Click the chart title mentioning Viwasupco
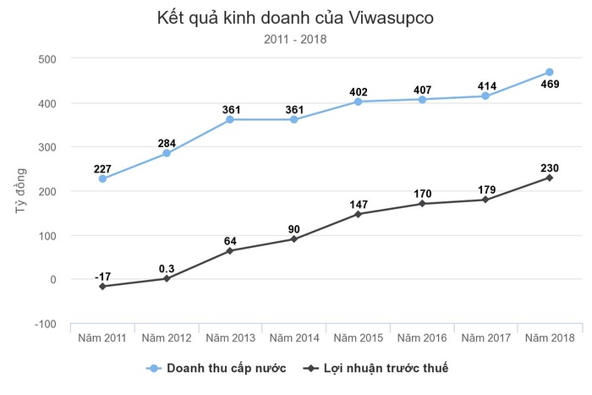[x=295, y=17]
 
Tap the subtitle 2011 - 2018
[x=295, y=38]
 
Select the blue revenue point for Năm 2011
[x=102, y=178]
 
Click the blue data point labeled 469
[x=550, y=72]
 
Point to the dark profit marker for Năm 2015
[x=358, y=214]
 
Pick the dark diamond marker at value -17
[x=102, y=287]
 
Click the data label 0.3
[x=166, y=269]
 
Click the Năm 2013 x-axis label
[x=230, y=338]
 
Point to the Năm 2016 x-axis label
[x=422, y=338]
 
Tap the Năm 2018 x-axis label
[x=550, y=338]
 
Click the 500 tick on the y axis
[x=47, y=59]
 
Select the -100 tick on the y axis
[x=44, y=324]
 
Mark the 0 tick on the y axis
[x=52, y=280]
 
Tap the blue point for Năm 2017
[x=485, y=96]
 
